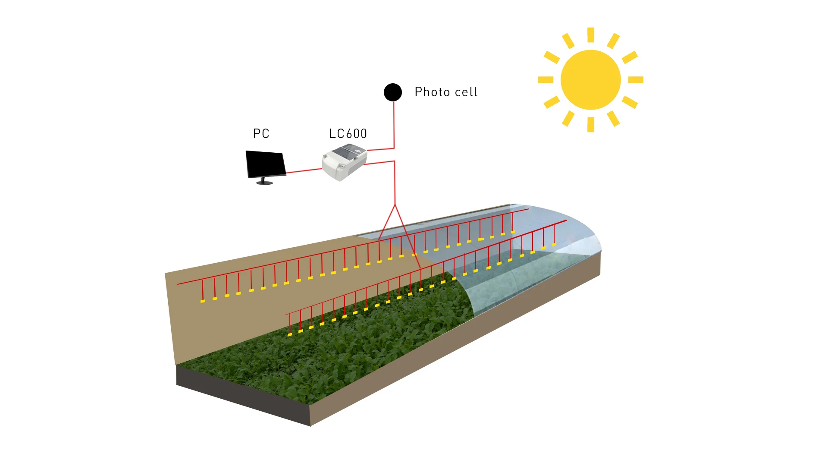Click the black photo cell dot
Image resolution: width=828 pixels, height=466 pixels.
392,92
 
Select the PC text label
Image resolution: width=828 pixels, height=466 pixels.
261,134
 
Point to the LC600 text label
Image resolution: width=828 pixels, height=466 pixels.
348,134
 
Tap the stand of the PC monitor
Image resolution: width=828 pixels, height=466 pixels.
264,182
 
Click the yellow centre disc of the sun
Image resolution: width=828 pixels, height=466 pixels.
590,80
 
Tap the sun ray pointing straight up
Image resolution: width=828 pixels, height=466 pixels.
591,35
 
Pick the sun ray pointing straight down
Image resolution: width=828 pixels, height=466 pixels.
591,125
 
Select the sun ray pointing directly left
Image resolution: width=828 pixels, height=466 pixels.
546,80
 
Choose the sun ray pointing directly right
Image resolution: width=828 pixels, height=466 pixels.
636,80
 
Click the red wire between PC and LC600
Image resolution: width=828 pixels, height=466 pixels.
304,170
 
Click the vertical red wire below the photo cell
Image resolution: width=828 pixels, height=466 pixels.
394,125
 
